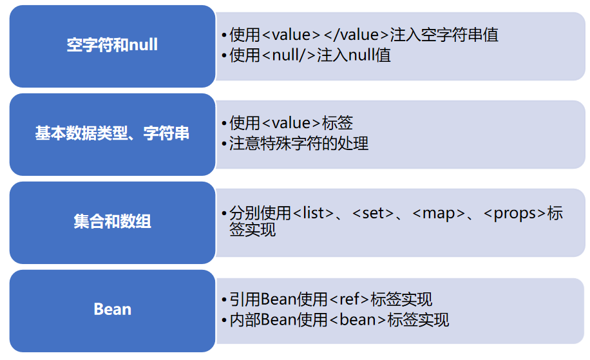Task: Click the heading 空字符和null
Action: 112,45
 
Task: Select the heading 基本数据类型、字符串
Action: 112,134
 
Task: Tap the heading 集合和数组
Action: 112,222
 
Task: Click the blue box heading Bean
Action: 112,309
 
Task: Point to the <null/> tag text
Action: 289,55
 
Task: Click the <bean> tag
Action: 357,319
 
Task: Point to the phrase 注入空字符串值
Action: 444,35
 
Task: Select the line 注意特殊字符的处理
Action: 299,143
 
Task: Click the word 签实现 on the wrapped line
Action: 252,230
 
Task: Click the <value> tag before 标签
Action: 293,123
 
